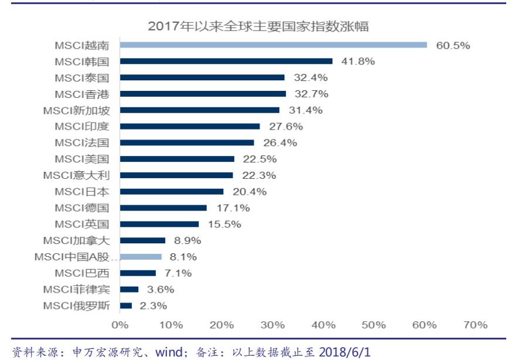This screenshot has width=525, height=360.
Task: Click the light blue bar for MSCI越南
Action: coord(273,45)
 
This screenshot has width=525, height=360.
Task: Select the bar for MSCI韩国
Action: coord(226,61)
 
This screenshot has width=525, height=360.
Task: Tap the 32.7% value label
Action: coord(311,94)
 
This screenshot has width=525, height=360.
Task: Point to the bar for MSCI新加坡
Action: coord(199,110)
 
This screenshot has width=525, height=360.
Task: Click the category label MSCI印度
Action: coord(81,126)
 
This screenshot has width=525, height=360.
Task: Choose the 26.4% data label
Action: coord(279,142)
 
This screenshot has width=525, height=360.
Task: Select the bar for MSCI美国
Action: coord(177,159)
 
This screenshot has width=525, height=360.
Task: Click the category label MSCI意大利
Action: coord(76,175)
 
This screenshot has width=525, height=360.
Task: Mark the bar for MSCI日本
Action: coord(171,192)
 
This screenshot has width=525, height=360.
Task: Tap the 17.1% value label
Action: coord(233,208)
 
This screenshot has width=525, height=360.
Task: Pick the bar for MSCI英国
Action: coord(159,224)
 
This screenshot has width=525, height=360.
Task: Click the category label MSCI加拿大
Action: coord(76,240)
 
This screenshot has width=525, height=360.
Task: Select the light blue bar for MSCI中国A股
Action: coord(140,257)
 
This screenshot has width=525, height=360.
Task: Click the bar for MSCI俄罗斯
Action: coord(125,305)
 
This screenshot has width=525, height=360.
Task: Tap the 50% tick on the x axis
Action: coord(373,325)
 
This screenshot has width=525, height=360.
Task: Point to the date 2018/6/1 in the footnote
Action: coord(345,352)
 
